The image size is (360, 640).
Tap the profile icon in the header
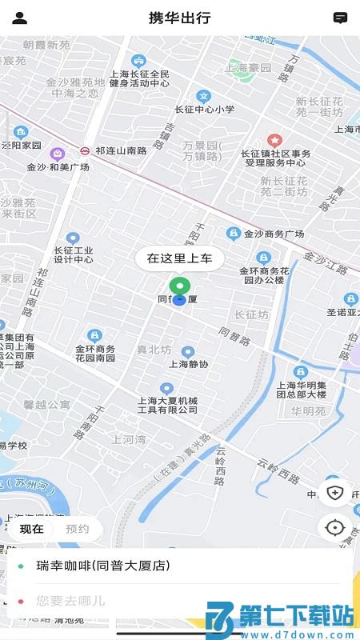(x=20, y=18)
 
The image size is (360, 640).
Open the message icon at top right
(x=340, y=18)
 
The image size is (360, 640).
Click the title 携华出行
(x=180, y=18)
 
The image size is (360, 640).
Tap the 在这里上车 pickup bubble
(x=179, y=258)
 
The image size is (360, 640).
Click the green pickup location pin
(x=180, y=287)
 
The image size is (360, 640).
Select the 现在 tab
(x=32, y=529)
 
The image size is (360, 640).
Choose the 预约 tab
(x=78, y=529)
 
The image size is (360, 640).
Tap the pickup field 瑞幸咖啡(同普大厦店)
(x=104, y=566)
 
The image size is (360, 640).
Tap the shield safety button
(x=334, y=492)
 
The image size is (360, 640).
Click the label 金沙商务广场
(x=274, y=234)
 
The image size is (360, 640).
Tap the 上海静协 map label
(x=188, y=364)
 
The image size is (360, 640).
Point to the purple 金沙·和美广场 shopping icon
(x=57, y=154)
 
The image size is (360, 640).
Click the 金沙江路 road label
(x=326, y=263)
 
